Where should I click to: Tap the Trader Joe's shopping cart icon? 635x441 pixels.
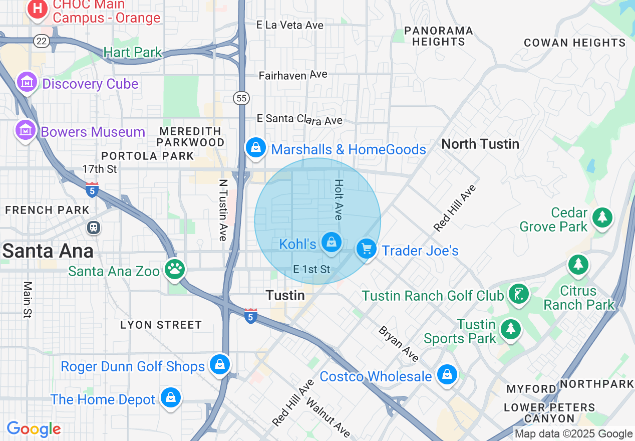click(367, 249)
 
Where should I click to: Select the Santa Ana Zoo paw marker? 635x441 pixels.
click(175, 269)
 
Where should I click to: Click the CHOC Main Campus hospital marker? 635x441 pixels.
click(37, 9)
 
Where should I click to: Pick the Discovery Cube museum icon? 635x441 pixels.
click(27, 82)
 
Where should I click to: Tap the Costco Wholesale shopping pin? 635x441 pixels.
click(446, 374)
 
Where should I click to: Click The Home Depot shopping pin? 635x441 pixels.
click(170, 398)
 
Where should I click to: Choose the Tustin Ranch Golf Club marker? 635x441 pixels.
click(519, 294)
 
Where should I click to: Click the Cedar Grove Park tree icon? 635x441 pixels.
click(602, 217)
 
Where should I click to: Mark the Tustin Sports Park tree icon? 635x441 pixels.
click(510, 329)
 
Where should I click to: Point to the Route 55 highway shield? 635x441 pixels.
click(242, 98)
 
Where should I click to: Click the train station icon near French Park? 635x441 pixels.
click(94, 228)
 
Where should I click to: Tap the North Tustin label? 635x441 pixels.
click(480, 144)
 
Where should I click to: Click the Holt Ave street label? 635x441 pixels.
click(339, 199)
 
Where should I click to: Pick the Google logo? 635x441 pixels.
click(34, 429)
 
